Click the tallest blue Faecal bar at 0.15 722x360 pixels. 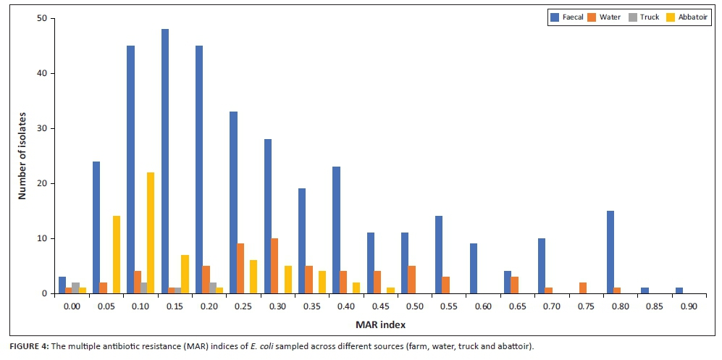pyautogui.click(x=165, y=161)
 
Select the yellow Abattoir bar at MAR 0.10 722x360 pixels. pyautogui.click(x=151, y=233)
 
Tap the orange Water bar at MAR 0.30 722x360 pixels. pyautogui.click(x=274, y=266)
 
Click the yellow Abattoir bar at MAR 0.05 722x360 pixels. pyautogui.click(x=116, y=254)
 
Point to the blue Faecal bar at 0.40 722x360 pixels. pyautogui.click(x=336, y=230)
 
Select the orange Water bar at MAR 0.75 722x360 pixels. pyautogui.click(x=583, y=288)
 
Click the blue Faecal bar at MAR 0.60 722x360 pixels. pyautogui.click(x=474, y=268)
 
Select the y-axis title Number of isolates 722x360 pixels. pyautogui.click(x=22, y=156)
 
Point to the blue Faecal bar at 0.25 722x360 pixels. pyautogui.click(x=233, y=202)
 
